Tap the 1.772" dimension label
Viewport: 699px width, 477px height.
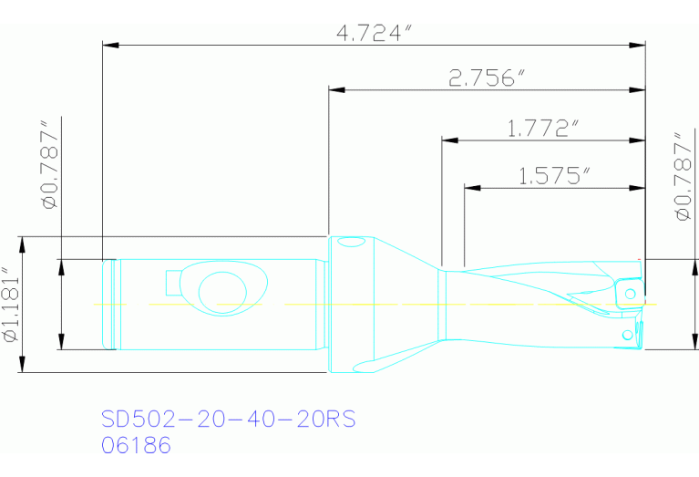click(543, 129)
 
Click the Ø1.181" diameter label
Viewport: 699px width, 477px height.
click(11, 305)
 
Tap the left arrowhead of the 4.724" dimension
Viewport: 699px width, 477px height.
click(109, 43)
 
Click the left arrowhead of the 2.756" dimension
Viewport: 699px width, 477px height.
click(335, 90)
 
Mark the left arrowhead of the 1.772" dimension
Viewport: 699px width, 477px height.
click(448, 140)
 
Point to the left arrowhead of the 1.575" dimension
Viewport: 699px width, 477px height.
click(471, 188)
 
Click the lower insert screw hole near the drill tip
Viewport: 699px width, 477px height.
click(626, 336)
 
